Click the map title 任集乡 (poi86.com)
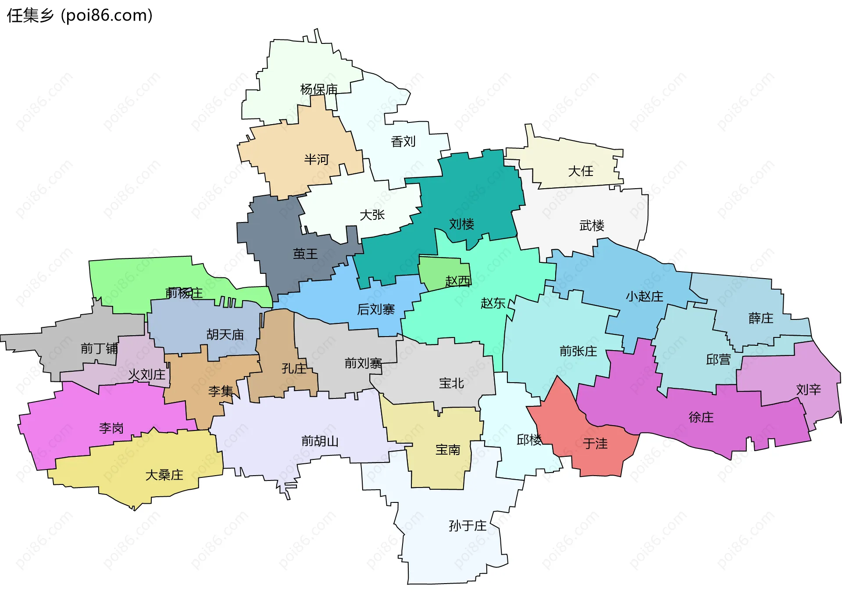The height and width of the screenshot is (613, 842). pos(80,15)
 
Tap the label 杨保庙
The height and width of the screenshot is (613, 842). pos(319,90)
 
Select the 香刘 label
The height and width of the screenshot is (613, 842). pos(403,142)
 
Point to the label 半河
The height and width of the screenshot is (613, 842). pos(316,159)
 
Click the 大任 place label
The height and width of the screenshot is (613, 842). pos(581,171)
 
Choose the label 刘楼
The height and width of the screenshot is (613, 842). pos(461,224)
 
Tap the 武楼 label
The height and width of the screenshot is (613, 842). pos(592,226)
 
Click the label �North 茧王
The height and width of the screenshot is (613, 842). pos(305,254)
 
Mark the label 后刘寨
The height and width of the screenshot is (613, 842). pos(376,309)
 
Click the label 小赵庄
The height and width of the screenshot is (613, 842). pos(644,297)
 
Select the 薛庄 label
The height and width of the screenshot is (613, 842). pos(761,318)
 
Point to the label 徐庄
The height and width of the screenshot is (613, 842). pos(701,417)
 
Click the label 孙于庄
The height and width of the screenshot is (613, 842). pos(467,525)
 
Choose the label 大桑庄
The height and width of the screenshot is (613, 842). pos(164,475)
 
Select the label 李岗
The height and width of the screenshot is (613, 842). pos(111,428)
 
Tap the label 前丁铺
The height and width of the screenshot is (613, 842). pos(99,348)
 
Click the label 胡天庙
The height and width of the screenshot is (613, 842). pos(225,335)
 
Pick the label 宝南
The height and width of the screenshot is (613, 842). pos(448,450)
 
